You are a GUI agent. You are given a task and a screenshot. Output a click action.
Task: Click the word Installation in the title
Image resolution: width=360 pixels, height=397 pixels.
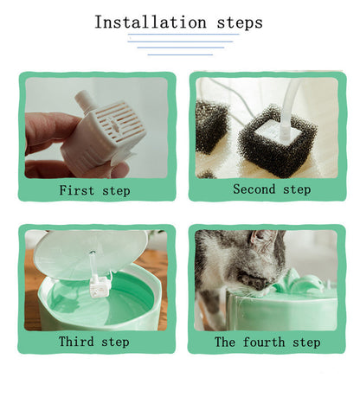click(x=151, y=22)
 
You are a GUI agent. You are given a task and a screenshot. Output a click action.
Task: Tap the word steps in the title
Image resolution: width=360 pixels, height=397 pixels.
click(x=240, y=23)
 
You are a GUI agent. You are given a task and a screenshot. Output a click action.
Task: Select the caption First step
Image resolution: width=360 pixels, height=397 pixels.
click(x=94, y=190)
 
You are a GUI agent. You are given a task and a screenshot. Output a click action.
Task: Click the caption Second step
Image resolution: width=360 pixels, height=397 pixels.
click(x=272, y=189)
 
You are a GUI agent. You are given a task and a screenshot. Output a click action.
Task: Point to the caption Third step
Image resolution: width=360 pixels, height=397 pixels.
click(x=94, y=342)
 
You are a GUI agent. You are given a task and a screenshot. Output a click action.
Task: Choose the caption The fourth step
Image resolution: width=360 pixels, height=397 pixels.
click(x=267, y=343)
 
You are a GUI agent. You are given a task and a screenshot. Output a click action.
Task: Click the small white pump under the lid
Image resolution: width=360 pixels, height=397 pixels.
click(x=100, y=286)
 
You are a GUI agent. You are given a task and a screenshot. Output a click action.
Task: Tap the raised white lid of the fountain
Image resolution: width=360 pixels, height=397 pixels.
click(x=90, y=253)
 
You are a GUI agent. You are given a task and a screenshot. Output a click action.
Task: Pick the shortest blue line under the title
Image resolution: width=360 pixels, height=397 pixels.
click(x=180, y=54)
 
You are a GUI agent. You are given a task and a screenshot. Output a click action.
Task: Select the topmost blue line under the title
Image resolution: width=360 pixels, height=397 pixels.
click(x=183, y=35)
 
